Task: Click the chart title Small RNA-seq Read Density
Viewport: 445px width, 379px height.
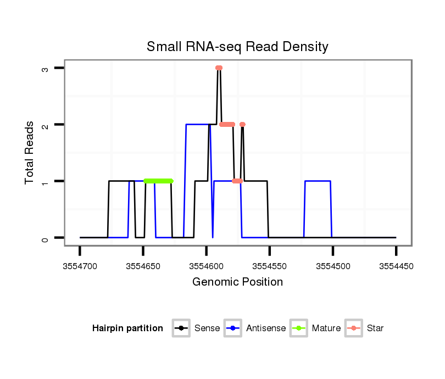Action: (237, 47)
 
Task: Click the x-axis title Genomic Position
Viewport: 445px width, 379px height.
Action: (237, 282)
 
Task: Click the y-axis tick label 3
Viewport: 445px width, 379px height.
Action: (46, 69)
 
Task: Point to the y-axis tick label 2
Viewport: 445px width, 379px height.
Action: (46, 125)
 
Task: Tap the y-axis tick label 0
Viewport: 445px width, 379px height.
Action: (46, 238)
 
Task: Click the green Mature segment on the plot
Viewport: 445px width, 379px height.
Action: (158, 181)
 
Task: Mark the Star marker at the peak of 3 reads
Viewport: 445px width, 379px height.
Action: (219, 68)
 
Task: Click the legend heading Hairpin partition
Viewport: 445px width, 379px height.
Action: (127, 328)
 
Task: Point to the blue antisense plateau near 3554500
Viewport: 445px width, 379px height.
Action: (318, 181)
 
